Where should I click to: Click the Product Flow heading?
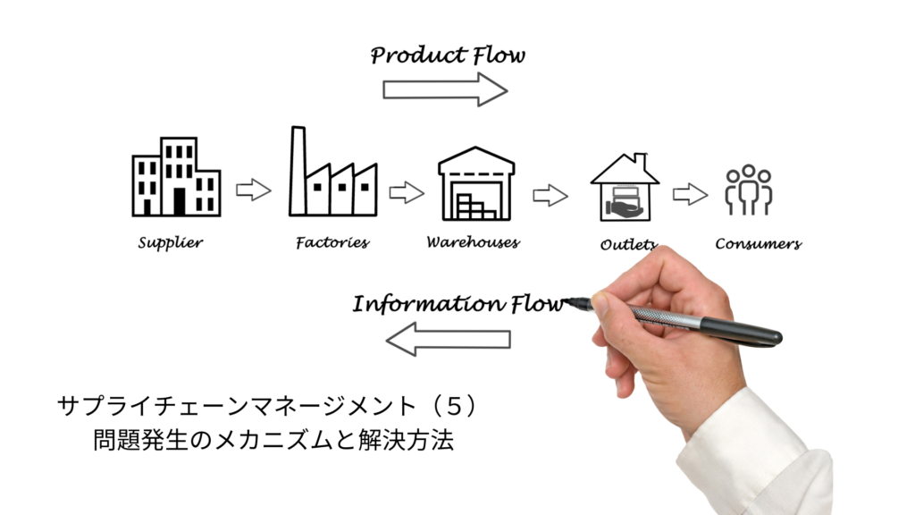448,55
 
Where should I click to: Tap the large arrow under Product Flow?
445,89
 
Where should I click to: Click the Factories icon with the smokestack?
331,174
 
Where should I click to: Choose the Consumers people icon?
749,190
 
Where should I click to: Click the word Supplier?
171,242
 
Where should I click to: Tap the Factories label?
332,242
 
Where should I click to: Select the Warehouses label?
473,242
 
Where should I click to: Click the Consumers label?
758,243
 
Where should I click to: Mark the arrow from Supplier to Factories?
253,190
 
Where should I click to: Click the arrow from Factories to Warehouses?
407,192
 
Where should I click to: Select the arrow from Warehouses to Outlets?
550,195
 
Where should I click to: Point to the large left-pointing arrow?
448,339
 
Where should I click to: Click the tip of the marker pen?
568,302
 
